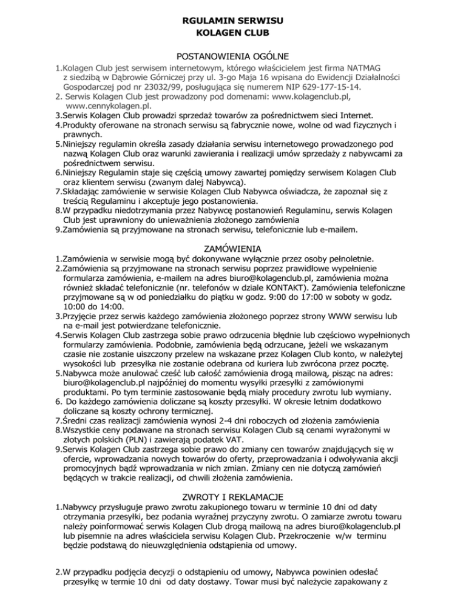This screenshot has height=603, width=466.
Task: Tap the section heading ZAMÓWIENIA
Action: coord(233,248)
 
